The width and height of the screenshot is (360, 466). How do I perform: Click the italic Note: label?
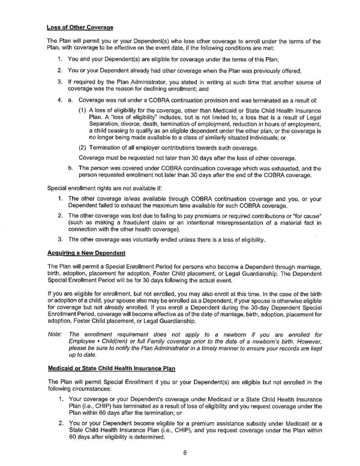(x=54, y=334)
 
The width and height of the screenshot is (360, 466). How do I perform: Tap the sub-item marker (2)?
(x=82, y=147)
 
